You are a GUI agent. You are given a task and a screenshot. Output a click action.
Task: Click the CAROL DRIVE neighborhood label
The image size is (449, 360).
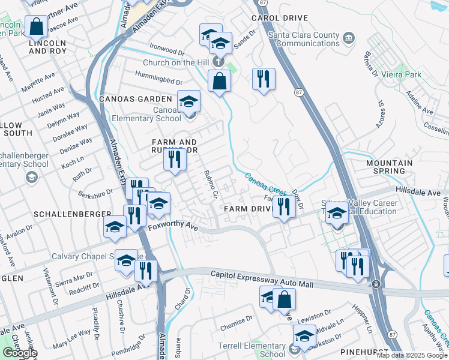coord(279,18)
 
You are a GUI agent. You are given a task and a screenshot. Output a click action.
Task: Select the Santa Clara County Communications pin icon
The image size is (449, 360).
coord(348,39)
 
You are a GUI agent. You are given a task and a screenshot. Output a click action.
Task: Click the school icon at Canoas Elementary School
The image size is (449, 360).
coord(188,101)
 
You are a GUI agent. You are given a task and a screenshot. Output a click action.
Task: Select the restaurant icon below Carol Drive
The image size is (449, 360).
coord(264,79)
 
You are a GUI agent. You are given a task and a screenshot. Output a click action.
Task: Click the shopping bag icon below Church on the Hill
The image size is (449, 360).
coord(220,80)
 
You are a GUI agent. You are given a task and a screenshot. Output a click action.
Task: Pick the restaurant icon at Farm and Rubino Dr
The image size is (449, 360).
coord(175,159)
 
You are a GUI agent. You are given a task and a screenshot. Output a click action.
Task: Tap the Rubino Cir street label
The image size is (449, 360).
coord(211,186)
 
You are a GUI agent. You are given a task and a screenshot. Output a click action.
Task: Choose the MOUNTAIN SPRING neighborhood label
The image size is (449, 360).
coord(390,167)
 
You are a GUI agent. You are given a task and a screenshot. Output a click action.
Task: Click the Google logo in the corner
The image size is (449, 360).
coord(20,353)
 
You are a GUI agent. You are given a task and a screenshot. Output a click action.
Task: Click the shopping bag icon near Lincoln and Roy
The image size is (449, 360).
coord(36,26)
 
